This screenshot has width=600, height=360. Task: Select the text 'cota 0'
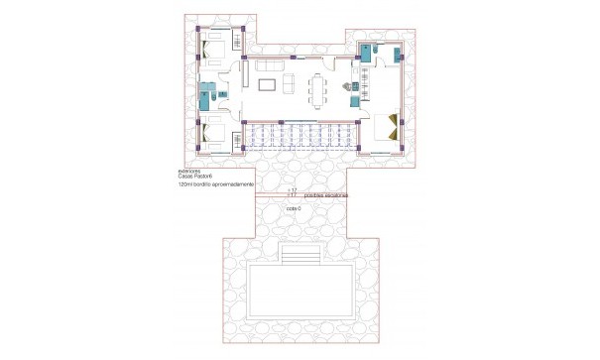coord(293,209)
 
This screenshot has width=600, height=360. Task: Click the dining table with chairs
coord(318,88)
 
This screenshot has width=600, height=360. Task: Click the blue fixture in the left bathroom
coord(205,98)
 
